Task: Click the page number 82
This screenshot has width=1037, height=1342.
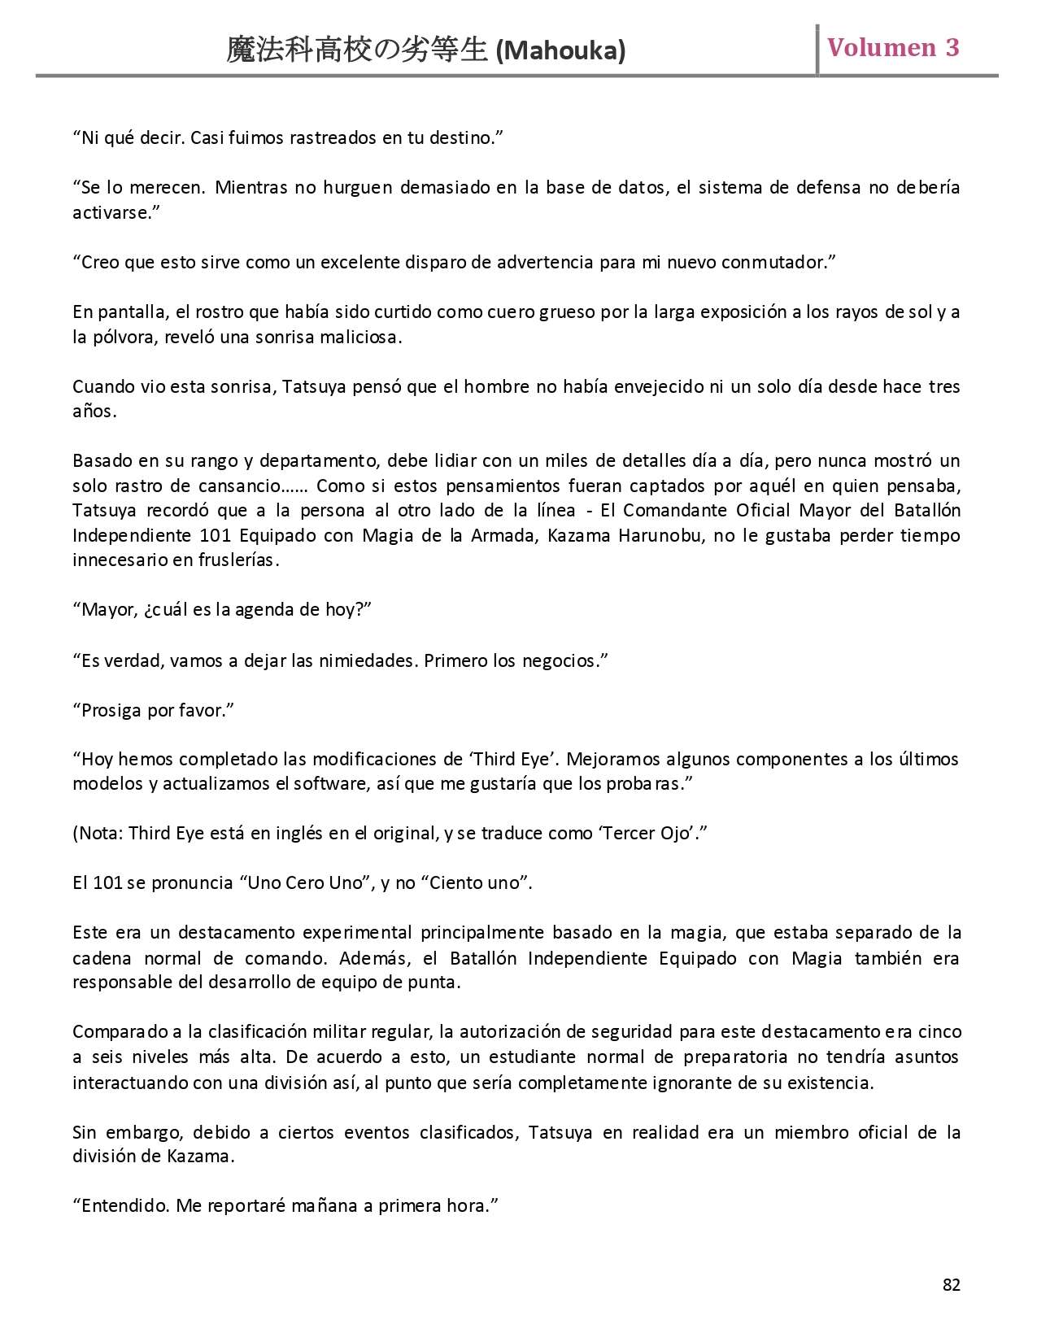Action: pyautogui.click(x=951, y=1284)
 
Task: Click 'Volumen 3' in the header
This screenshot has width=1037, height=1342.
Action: pyautogui.click(x=893, y=48)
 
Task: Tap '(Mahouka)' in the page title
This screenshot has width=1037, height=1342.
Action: pyautogui.click(x=560, y=51)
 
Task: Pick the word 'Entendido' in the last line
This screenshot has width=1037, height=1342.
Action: pyautogui.click(x=125, y=1206)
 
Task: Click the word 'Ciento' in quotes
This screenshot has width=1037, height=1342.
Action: pyautogui.click(x=455, y=883)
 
